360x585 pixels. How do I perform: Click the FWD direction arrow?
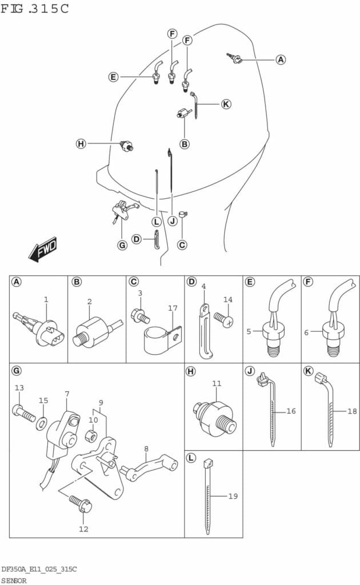pyautogui.click(x=43, y=250)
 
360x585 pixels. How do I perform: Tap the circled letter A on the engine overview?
pyautogui.click(x=280, y=59)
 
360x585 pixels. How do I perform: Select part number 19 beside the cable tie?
pyautogui.click(x=233, y=496)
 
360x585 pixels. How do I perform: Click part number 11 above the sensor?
pyautogui.click(x=217, y=383)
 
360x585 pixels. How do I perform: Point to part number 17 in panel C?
pyautogui.click(x=173, y=308)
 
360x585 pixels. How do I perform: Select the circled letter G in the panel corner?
pyautogui.click(x=16, y=371)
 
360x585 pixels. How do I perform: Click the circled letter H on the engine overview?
pyautogui.click(x=81, y=144)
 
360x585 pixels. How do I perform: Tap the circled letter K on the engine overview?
pyautogui.click(x=226, y=104)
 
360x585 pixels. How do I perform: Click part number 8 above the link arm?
pyautogui.click(x=146, y=449)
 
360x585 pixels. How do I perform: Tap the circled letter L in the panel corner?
pyautogui.click(x=191, y=458)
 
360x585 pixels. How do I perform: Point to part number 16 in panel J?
pyautogui.click(x=291, y=411)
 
